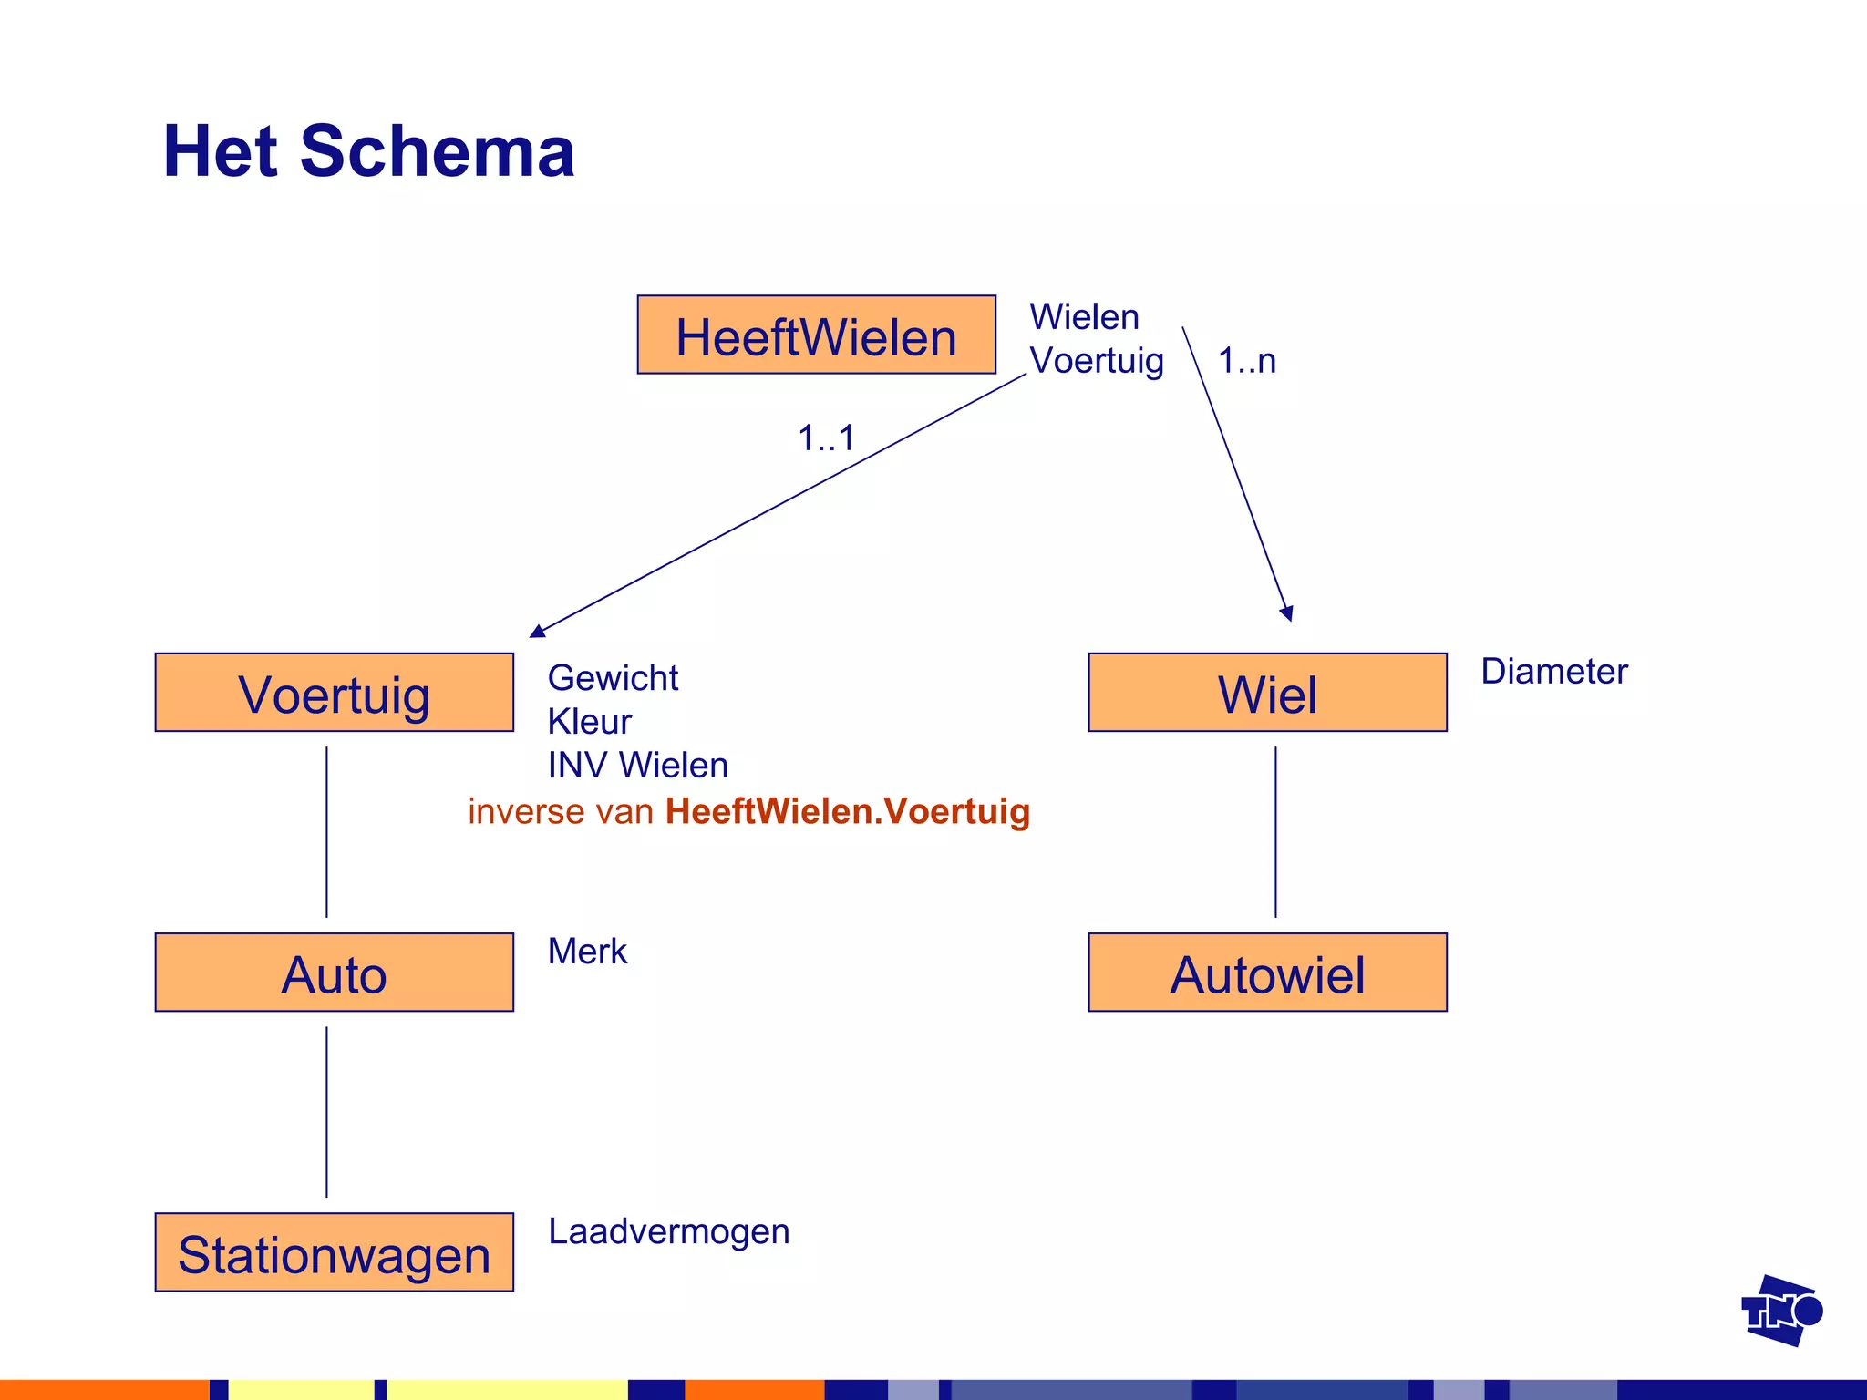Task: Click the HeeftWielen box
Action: [x=816, y=335]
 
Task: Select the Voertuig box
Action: [x=334, y=693]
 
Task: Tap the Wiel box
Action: [x=1267, y=693]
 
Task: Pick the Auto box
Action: [x=334, y=973]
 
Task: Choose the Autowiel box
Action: [x=1267, y=973]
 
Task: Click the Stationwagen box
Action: [x=334, y=1252]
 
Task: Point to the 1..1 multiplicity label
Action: [x=826, y=438]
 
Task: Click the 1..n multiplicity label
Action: [x=1246, y=362]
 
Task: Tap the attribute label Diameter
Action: [x=1553, y=672]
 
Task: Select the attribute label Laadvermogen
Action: [x=668, y=1231]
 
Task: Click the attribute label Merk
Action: [x=587, y=952]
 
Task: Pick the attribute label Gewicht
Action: [x=613, y=678]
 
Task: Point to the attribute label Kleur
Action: [x=589, y=722]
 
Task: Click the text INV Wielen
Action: [x=637, y=766]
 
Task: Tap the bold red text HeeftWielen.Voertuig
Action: [x=847, y=811]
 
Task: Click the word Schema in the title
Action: [x=437, y=151]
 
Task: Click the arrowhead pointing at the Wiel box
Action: [x=1287, y=613]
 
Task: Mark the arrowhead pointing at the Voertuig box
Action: [x=538, y=631]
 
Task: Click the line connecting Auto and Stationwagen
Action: [x=326, y=1112]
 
